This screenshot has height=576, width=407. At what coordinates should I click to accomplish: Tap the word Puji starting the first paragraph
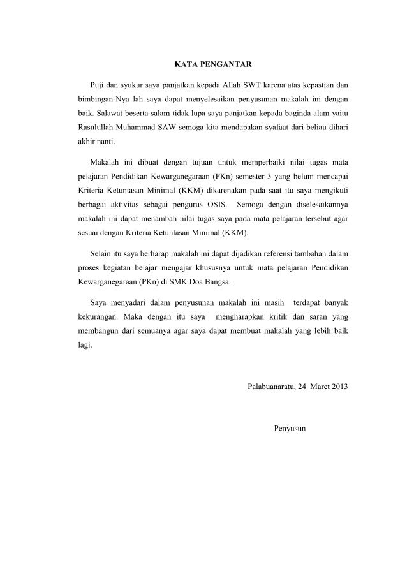click(99, 85)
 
